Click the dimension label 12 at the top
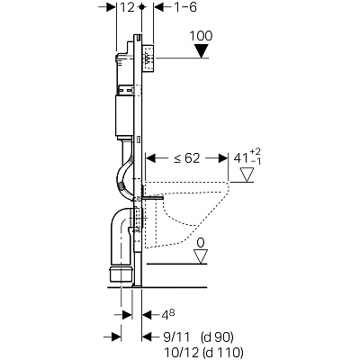[127, 7]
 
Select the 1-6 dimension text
[185, 7]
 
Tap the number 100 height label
[201, 36]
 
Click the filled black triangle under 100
[201, 51]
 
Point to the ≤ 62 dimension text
[186, 158]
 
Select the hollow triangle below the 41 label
[247, 175]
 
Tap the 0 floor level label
[201, 243]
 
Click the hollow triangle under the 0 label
[201, 257]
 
